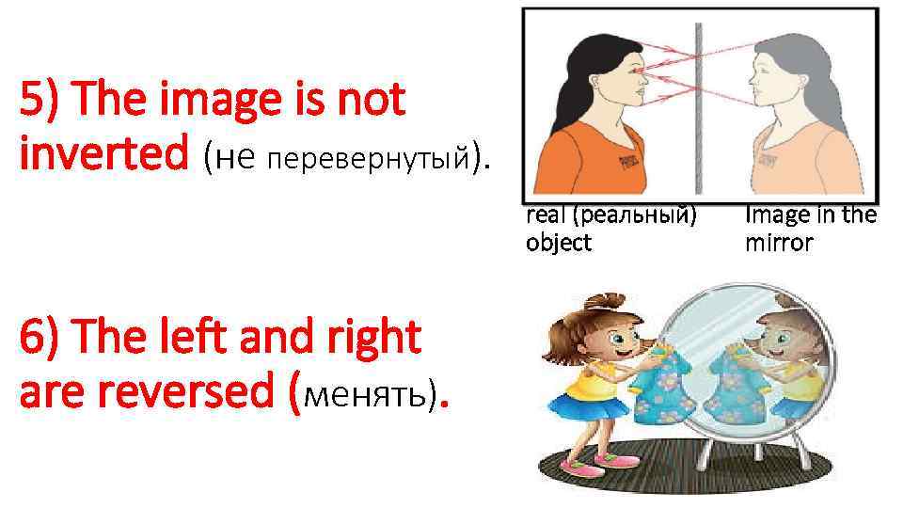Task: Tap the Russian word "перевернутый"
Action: (369, 161)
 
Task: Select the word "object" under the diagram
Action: (559, 243)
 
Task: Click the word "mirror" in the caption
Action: (779, 243)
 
